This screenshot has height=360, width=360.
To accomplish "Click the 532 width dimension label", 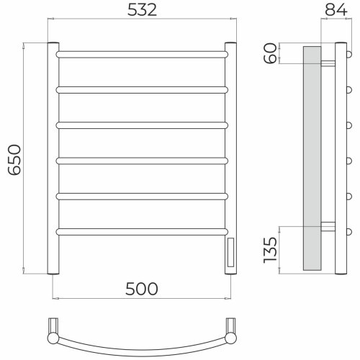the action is [x=142, y=10].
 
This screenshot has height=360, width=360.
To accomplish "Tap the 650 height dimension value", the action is [x=14, y=160].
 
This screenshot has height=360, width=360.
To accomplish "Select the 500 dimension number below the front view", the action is [x=142, y=289].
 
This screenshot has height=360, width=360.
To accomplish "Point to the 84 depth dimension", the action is [x=336, y=10].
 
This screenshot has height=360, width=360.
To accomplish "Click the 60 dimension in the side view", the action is [x=271, y=53].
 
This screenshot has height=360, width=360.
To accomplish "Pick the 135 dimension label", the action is [x=271, y=250].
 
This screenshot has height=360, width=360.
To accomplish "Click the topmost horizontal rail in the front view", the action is [x=142, y=54].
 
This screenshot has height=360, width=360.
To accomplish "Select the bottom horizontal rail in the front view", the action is [x=142, y=232].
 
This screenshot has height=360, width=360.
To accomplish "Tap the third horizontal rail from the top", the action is [x=142, y=125].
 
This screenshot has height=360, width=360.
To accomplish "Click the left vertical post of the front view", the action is [x=53, y=158].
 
